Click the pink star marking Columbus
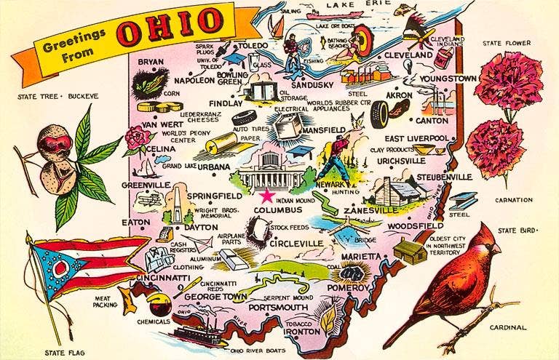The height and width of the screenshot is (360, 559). coord(267,196)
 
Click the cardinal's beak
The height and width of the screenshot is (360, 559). coord(497,249)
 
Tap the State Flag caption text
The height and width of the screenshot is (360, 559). coord(65,353)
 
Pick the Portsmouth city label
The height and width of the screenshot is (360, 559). coord(279,308)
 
